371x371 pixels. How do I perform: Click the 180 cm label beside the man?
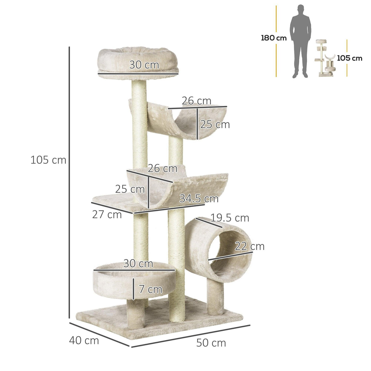pos(274,38)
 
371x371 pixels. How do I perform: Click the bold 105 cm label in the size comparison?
pos(349,58)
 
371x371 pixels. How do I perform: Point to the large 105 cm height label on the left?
pos(48,160)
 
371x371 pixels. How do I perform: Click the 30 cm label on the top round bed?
pos(144,65)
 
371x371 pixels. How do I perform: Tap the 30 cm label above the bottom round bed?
pos(138,263)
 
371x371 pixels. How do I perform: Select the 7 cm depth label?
pos(150,289)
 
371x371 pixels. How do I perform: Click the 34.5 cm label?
pos(199,199)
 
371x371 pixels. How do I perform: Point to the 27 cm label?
pos(107,215)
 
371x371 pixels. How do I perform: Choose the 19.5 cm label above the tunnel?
pos(230,218)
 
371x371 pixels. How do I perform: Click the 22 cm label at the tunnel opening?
pos(249,246)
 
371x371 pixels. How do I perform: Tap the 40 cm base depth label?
pos(84,340)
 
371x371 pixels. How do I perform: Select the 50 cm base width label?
pos(211,343)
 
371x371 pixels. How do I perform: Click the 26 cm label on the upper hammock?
pos(197,101)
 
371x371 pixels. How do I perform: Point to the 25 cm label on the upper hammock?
pos(215,124)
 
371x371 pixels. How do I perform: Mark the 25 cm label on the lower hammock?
pos(130,189)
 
